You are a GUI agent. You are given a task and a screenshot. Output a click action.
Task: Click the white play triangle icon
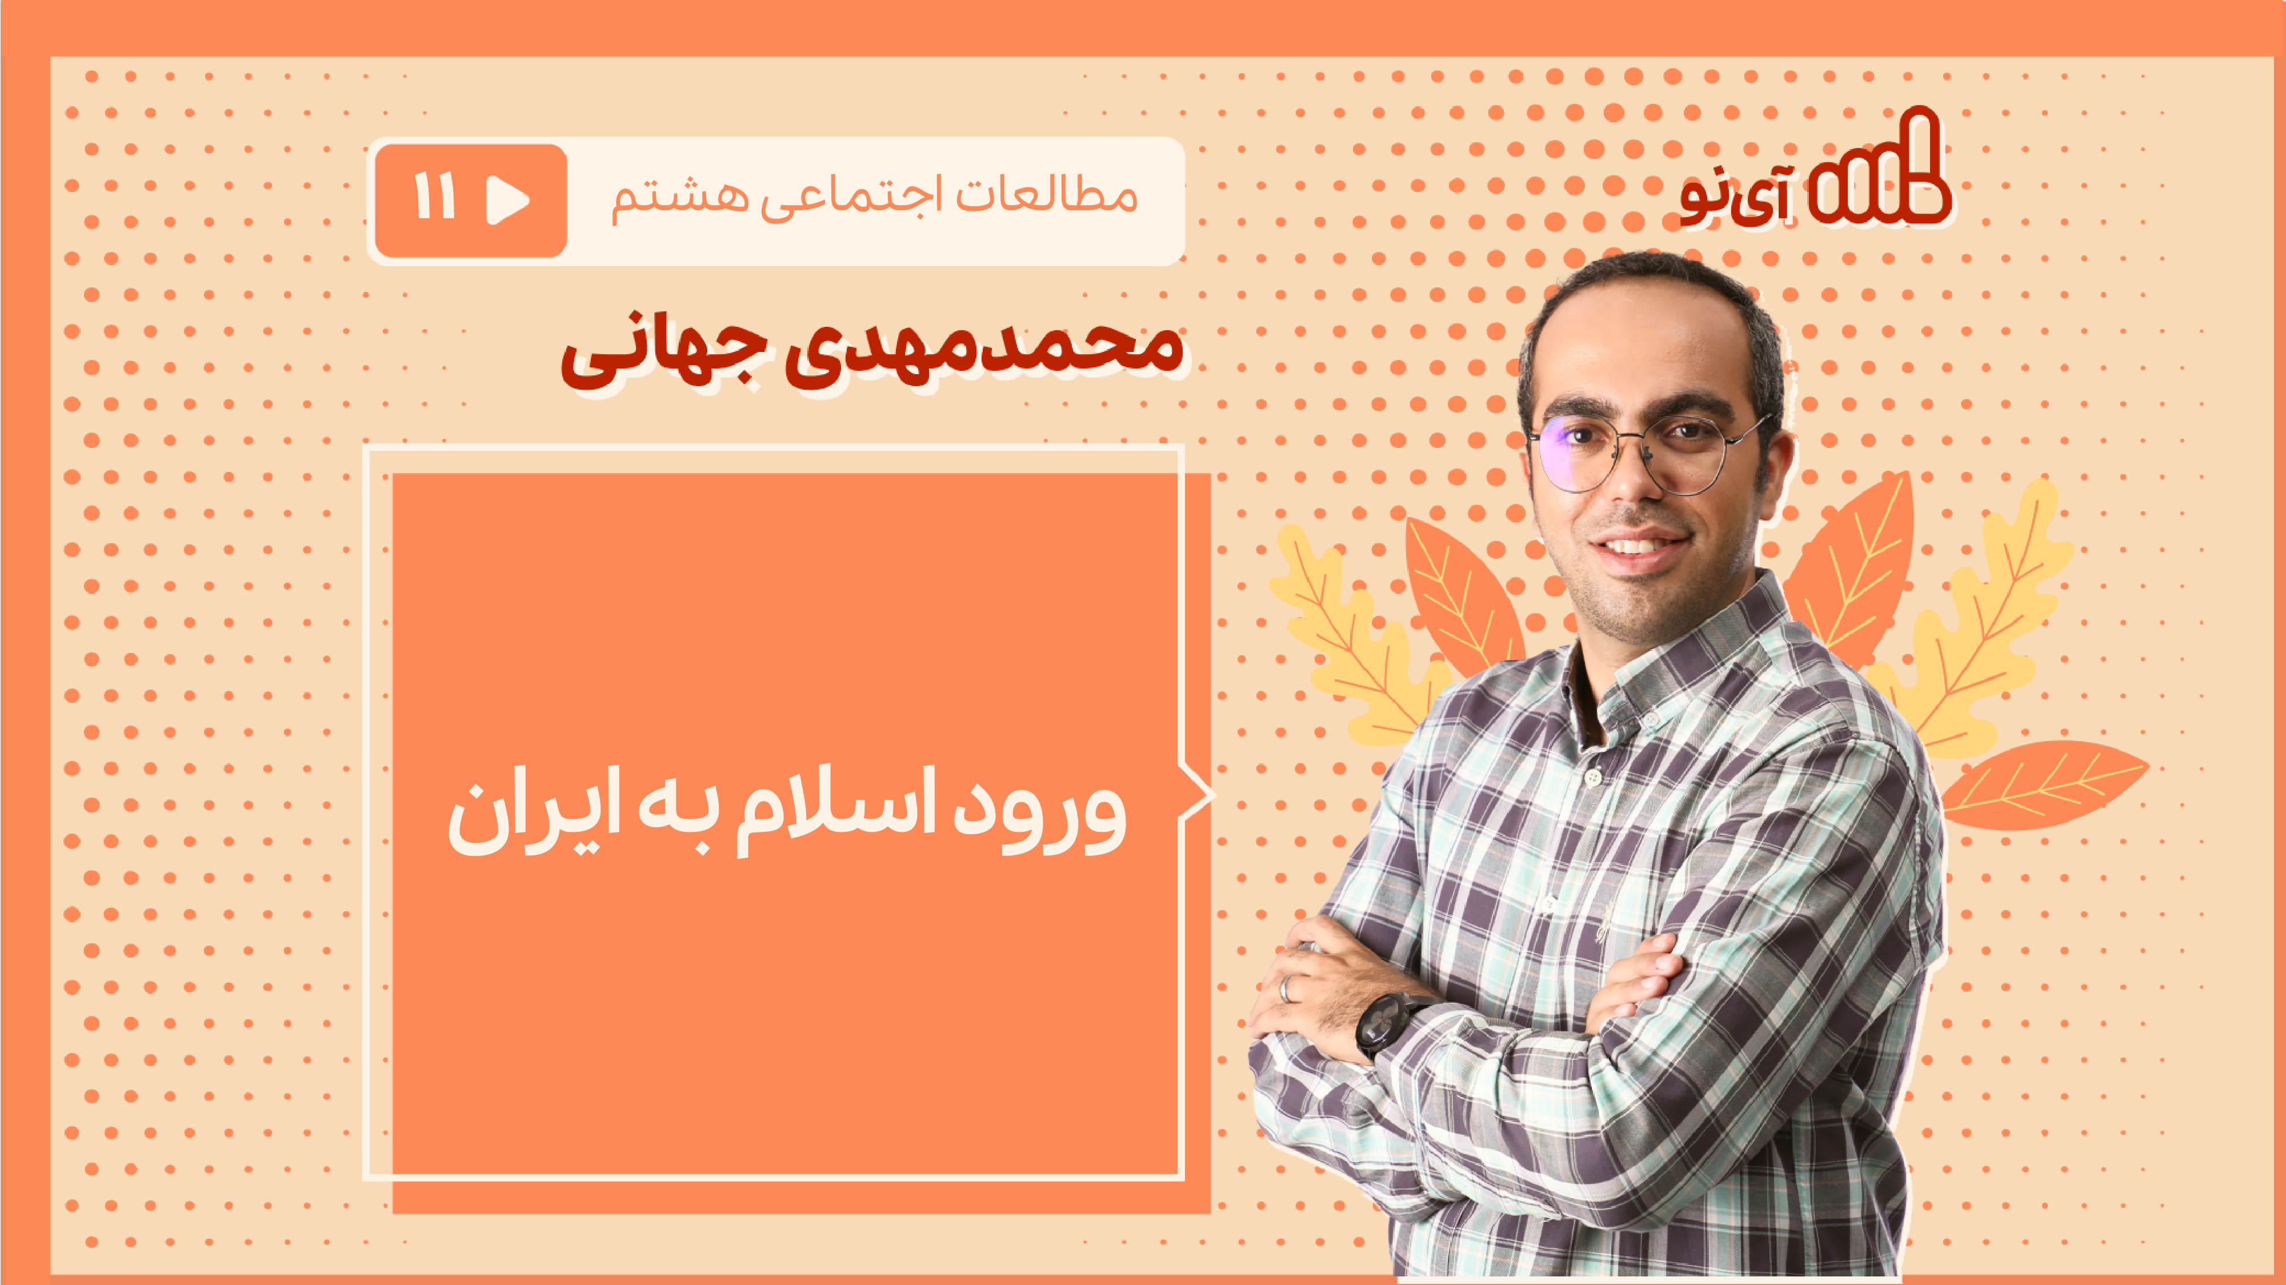507,199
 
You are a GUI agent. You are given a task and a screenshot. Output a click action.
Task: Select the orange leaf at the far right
2041,786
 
